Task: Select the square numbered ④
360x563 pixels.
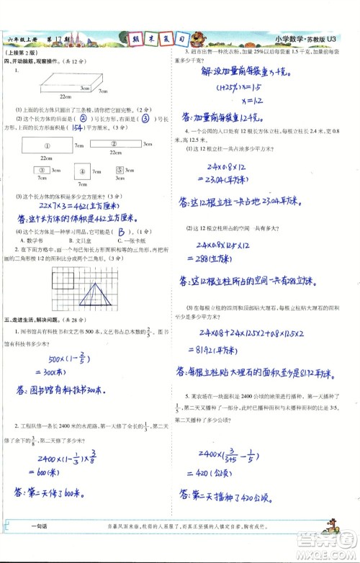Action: click(x=82, y=171)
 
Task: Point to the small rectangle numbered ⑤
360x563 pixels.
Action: click(x=122, y=171)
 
